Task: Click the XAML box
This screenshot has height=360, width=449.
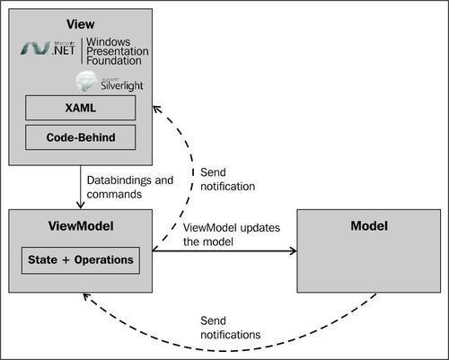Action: (x=80, y=108)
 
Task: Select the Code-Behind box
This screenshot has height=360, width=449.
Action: (x=80, y=137)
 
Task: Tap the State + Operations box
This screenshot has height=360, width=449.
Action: (x=80, y=260)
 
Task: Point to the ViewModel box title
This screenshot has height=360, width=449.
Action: (x=80, y=225)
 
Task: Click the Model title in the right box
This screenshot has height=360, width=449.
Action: (x=368, y=225)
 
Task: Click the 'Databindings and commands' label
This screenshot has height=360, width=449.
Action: (x=129, y=187)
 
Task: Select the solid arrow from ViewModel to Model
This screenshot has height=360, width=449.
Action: (x=224, y=251)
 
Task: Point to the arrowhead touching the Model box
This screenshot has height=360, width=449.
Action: (x=292, y=251)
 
